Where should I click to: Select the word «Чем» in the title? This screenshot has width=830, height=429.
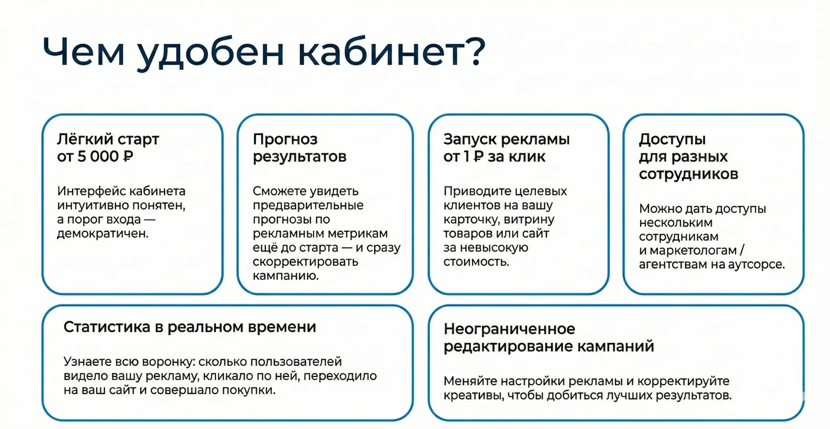pos(83,52)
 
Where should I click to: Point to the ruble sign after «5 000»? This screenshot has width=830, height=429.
pos(128,157)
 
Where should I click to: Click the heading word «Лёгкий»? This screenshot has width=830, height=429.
pos(85,140)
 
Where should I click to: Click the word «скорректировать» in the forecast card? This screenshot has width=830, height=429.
pos(305,262)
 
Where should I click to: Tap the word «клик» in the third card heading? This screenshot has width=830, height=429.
pos(529,157)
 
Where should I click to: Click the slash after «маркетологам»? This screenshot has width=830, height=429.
pos(742,250)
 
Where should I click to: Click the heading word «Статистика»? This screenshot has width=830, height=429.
pos(107,327)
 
